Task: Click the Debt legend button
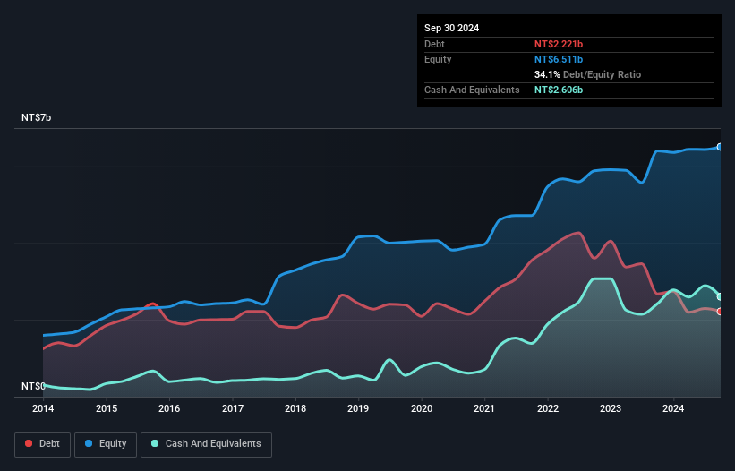(41, 443)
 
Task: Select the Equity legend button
(106, 443)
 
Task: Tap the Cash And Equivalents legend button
(206, 443)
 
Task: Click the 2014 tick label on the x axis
(43, 408)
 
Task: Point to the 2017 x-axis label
(233, 408)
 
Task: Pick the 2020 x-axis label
(422, 408)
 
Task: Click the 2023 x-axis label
(611, 408)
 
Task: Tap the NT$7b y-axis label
(37, 118)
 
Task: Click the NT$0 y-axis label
(33, 386)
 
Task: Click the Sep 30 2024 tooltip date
(451, 28)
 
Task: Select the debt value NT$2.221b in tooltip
(559, 44)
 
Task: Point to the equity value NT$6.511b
(559, 59)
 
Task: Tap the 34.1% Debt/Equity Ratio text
(587, 74)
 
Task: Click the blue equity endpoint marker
(719, 147)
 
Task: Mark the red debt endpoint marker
(719, 312)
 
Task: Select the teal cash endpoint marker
(719, 296)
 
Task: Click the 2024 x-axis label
(674, 408)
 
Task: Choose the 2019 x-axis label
(358, 408)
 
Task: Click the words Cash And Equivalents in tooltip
(472, 90)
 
